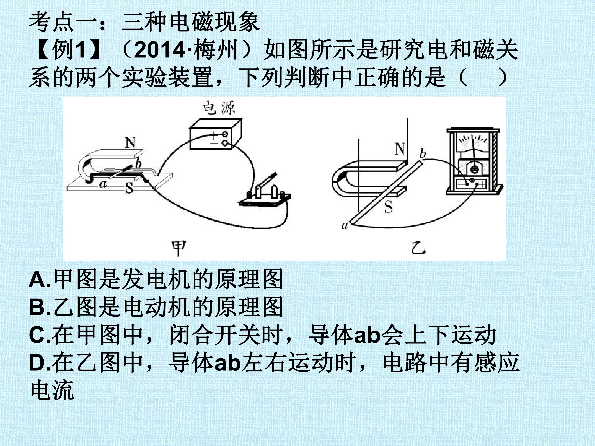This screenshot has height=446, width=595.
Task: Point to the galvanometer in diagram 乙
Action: click(474, 161)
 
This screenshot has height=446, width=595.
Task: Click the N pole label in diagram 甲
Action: click(131, 143)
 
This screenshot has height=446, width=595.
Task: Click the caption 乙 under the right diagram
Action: click(419, 248)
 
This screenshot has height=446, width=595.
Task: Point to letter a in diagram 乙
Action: click(345, 225)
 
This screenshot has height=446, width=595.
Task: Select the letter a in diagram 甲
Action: click(102, 184)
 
